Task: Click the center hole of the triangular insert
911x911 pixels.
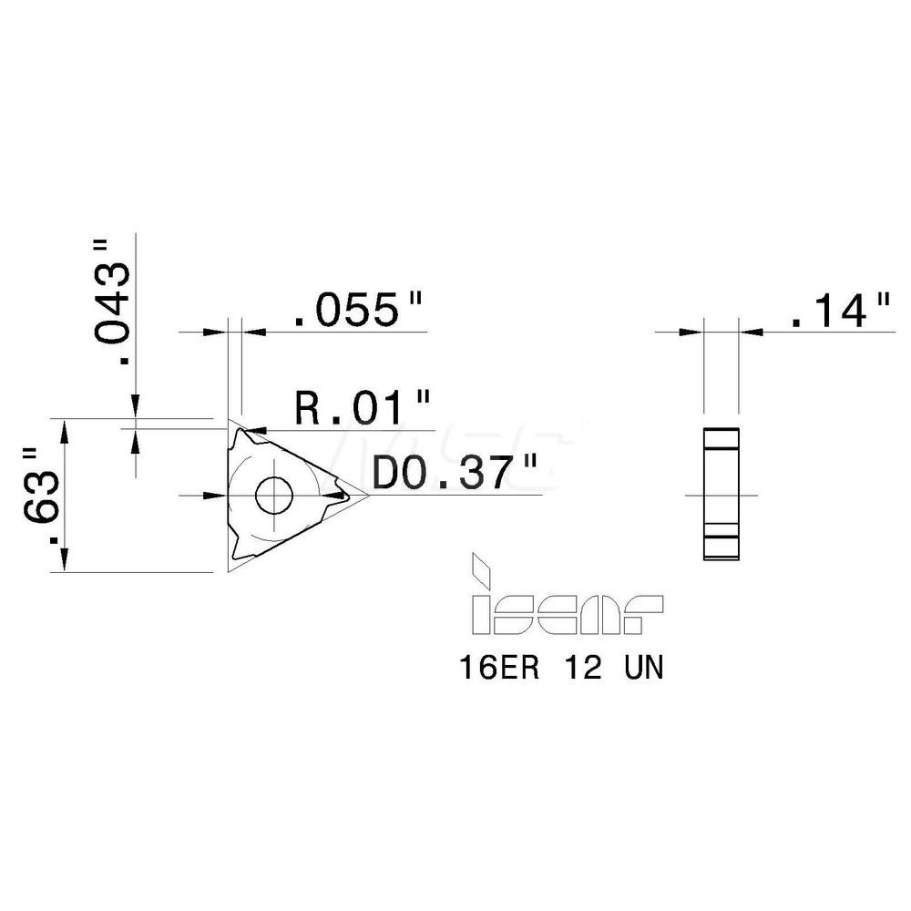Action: tap(271, 496)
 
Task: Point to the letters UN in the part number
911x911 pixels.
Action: tap(643, 670)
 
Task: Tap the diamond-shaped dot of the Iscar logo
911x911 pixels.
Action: tap(479, 573)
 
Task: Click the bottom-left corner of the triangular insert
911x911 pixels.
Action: tap(229, 571)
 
